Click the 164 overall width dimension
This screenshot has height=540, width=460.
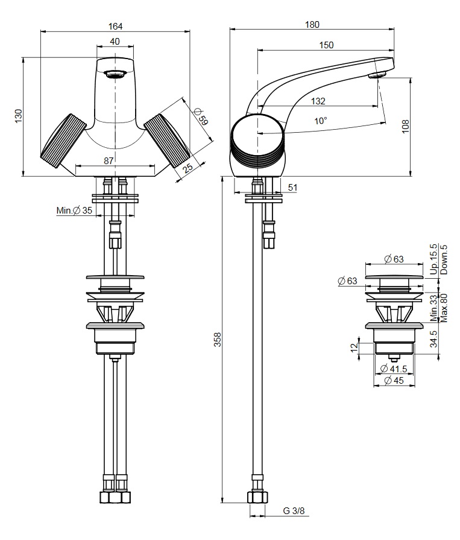115,26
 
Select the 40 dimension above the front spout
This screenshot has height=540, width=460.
115,42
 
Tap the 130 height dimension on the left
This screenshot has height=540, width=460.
18,116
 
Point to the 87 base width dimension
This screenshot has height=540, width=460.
109,160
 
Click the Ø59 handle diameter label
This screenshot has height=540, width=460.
201,115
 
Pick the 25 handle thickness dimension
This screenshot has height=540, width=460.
189,169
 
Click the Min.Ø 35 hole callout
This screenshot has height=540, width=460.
75,211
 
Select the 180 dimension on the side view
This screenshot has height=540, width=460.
312,25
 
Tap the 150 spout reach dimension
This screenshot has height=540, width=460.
326,45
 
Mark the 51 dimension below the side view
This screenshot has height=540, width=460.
292,188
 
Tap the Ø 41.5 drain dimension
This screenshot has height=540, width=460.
396,368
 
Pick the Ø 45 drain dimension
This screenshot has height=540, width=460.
396,380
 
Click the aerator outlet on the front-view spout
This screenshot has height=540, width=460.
115,75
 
